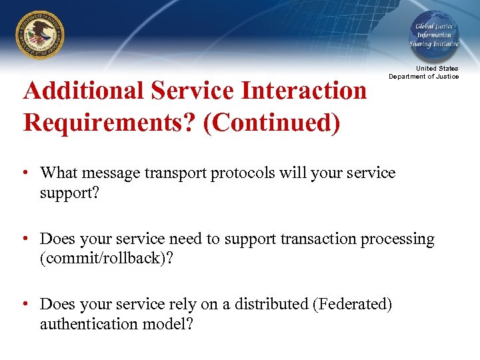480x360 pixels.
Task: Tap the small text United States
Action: click(437, 68)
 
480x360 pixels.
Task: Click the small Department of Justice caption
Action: click(424, 76)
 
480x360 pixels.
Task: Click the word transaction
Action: click(319, 239)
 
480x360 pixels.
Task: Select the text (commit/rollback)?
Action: click(106, 258)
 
